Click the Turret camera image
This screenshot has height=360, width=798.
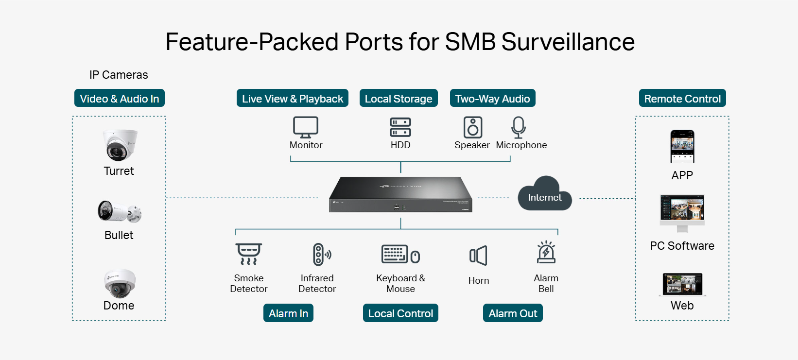(119, 145)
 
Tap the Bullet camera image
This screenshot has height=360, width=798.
(119, 211)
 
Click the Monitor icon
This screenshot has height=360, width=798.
(306, 127)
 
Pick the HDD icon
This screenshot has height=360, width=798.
(400, 127)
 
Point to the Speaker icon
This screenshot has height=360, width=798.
(472, 127)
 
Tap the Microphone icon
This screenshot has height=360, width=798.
(519, 127)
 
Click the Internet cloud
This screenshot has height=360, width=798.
(545, 194)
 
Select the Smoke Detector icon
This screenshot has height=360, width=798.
(249, 254)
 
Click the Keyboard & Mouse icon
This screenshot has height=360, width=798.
(400, 254)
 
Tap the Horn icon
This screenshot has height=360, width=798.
(478, 256)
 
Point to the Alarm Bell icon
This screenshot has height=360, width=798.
(546, 252)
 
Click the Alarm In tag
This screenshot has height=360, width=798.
(288, 313)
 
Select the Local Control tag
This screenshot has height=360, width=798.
(400, 313)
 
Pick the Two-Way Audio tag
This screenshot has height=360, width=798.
(492, 99)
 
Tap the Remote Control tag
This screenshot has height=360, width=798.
(682, 99)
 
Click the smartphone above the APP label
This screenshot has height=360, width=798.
(682, 146)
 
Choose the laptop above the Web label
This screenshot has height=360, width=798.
(682, 284)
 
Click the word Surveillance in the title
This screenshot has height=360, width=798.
(568, 42)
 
